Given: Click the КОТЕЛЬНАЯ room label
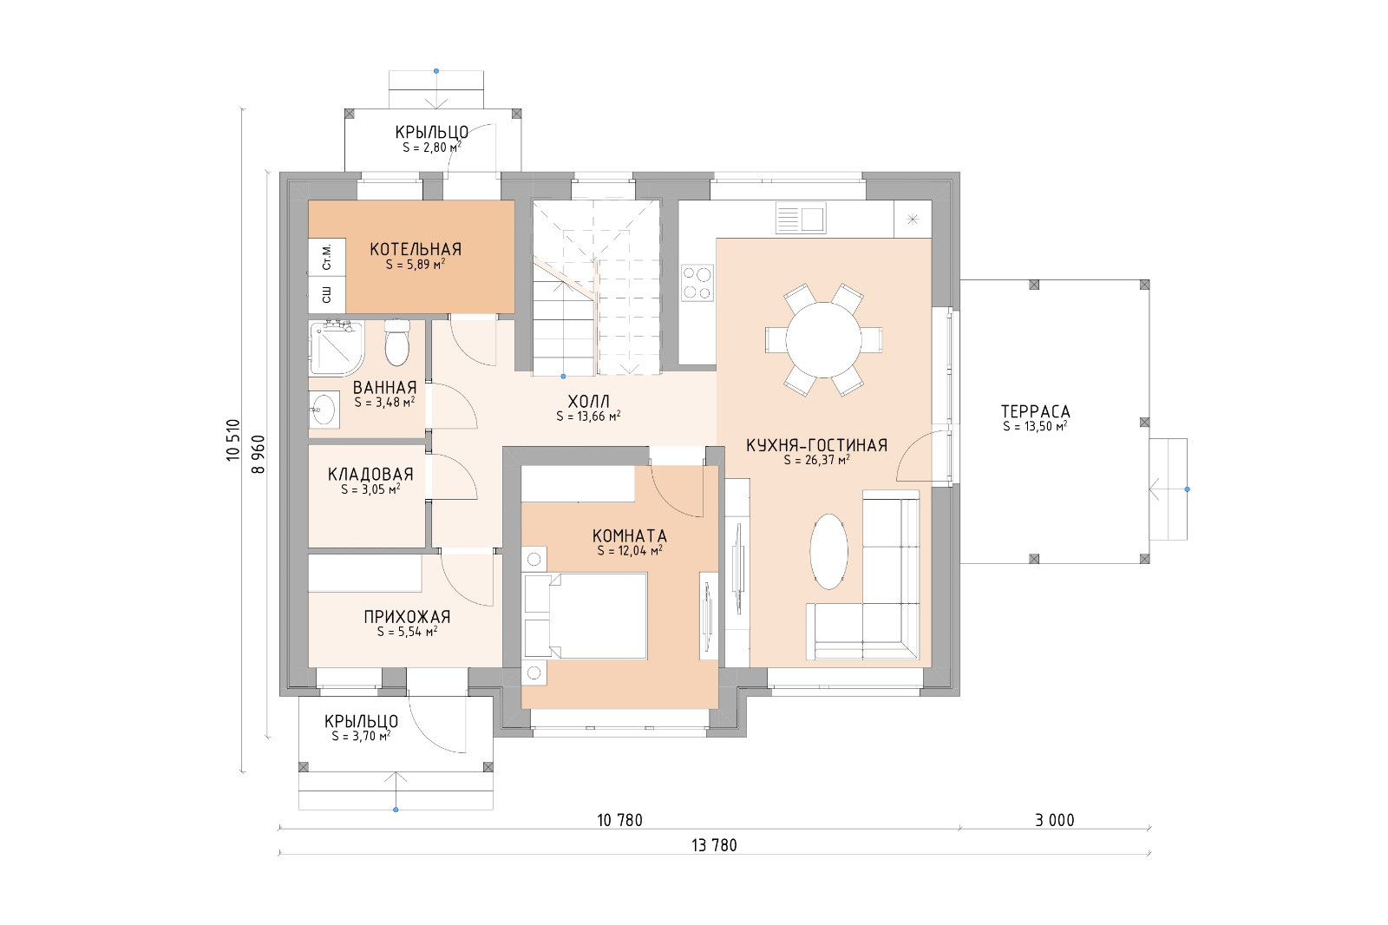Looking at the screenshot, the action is click(416, 249).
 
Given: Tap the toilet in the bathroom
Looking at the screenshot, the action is click(397, 342).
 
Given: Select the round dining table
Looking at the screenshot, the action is click(823, 340).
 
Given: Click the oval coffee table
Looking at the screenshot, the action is click(828, 551).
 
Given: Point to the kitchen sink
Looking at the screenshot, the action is click(801, 219).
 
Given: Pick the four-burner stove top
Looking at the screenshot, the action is click(697, 283).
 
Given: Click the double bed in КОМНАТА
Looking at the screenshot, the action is click(586, 615).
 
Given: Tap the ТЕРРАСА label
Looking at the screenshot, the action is click(1036, 411).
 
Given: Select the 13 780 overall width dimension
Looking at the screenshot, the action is click(714, 845).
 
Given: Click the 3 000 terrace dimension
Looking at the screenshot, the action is click(1055, 820).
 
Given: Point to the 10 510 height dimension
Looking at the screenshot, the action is click(233, 440).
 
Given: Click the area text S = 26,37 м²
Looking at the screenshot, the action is click(816, 460).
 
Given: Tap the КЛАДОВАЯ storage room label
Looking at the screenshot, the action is click(370, 475).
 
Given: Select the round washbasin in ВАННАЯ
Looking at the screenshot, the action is click(324, 410).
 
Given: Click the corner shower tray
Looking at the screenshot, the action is click(337, 349).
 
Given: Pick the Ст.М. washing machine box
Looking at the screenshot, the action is click(326, 257).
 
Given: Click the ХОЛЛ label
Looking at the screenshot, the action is click(589, 401).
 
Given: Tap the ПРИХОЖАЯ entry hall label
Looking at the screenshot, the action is click(407, 617).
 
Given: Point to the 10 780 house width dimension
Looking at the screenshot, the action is click(619, 820).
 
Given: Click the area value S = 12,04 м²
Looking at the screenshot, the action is click(630, 550).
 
